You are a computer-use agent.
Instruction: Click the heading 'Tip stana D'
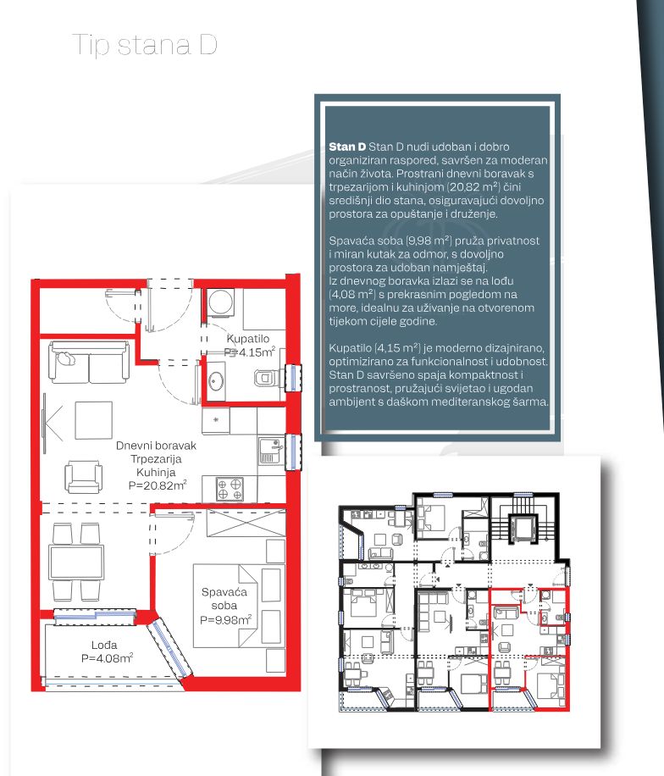point(145,45)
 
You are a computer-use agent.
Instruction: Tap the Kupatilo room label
point(248,339)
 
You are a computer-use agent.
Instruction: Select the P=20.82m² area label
point(158,485)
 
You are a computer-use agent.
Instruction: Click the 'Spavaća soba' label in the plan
point(224,598)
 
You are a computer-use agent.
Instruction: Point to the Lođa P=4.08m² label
point(107,651)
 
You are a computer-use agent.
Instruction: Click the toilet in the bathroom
point(265,379)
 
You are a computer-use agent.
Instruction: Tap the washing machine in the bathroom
point(220,302)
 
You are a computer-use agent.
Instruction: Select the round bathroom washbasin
point(216,381)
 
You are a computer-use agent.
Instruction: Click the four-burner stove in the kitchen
point(230,489)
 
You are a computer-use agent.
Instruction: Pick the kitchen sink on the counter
point(271,451)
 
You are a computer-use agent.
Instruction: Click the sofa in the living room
point(90,362)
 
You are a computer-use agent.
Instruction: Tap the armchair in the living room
point(84,477)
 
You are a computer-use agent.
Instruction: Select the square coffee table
point(93,420)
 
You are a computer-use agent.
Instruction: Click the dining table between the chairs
point(76,563)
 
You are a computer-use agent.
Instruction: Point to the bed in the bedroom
point(225,606)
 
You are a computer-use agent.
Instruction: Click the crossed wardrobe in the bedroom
point(246,523)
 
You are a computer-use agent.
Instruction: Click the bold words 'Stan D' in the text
point(347,147)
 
